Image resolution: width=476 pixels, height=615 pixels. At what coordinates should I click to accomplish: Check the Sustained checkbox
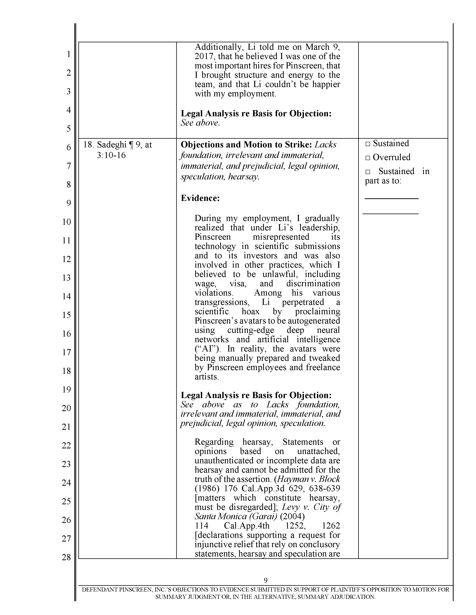(367, 144)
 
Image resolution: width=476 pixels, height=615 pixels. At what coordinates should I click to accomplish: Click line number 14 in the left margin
(67, 296)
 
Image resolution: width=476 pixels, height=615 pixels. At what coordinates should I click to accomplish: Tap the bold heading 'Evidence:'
(200, 198)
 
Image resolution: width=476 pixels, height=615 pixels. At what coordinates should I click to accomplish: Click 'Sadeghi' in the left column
(111, 145)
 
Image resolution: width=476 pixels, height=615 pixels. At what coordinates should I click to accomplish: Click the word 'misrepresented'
(281, 237)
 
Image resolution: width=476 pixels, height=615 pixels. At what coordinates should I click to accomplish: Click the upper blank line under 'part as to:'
(391, 198)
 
